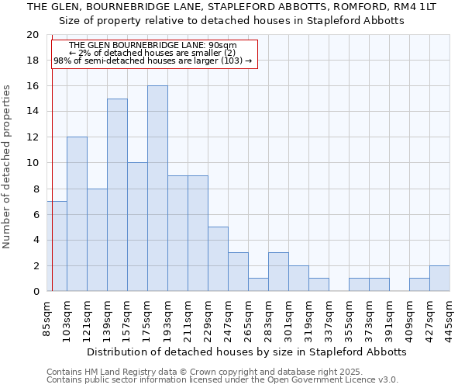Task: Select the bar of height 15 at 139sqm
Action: click(x=117, y=195)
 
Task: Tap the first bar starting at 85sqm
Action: click(x=57, y=246)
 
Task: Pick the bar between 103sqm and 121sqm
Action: click(x=77, y=214)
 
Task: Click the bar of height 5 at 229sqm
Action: click(x=218, y=259)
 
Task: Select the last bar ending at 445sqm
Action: click(x=439, y=279)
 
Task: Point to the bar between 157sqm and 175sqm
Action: click(x=137, y=227)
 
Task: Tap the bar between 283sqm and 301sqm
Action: click(x=278, y=272)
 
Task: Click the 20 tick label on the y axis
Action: click(x=32, y=35)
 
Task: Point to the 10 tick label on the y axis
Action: click(x=32, y=163)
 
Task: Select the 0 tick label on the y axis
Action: click(x=35, y=292)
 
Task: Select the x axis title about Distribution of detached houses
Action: click(x=246, y=352)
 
